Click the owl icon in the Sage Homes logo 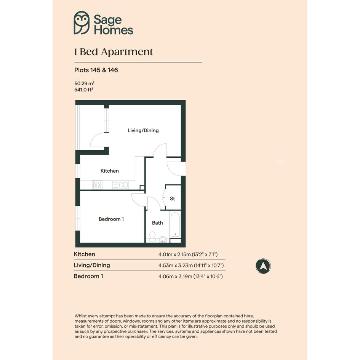tap(82, 23)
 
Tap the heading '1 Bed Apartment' tap(114, 52)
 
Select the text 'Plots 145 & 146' tap(96, 70)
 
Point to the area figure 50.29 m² tap(84, 83)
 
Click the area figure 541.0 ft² tap(83, 90)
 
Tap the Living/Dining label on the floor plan tap(143, 131)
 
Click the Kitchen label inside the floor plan tap(109, 171)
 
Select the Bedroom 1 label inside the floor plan tap(111, 219)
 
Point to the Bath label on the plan tap(157, 223)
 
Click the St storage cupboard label tap(173, 198)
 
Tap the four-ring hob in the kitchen tap(98, 185)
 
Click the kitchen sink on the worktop tap(120, 185)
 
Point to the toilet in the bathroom tap(152, 237)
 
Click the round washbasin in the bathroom tap(163, 240)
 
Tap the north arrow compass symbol tap(263, 266)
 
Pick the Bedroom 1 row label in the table tap(88, 276)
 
